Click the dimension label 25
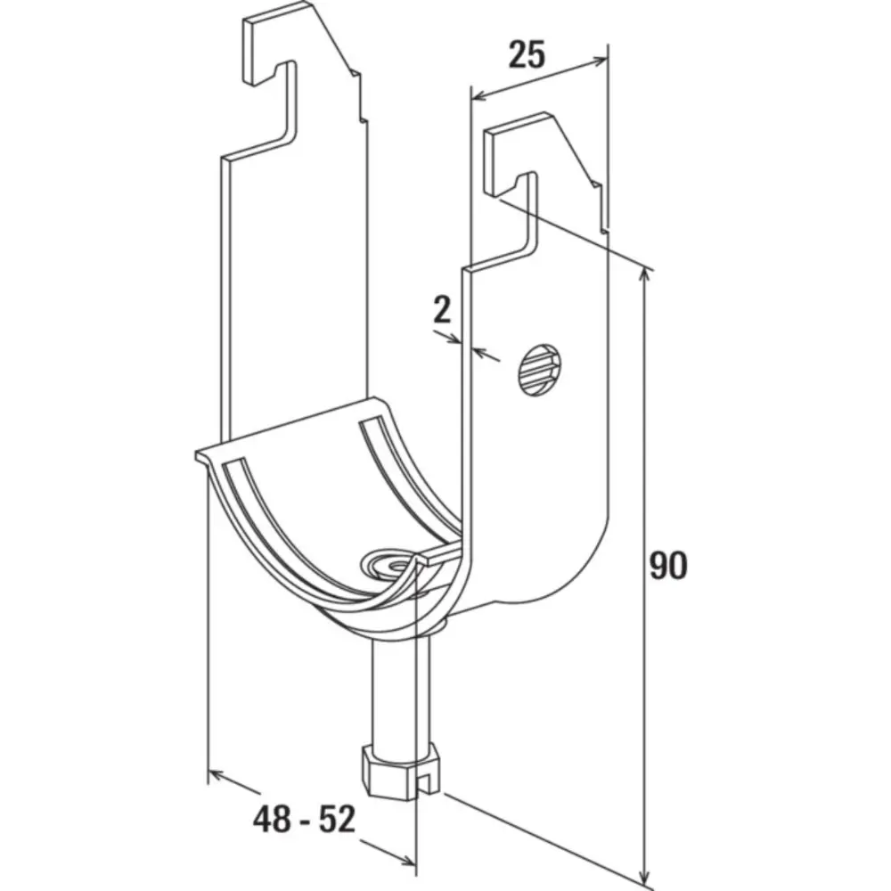pos(527,54)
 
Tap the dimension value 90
pos(668,566)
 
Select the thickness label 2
pos(442,310)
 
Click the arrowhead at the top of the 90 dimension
pos(644,276)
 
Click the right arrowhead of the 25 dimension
pos(600,61)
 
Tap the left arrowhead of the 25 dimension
pos(479,95)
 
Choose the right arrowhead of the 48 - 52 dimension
pos(407,862)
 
